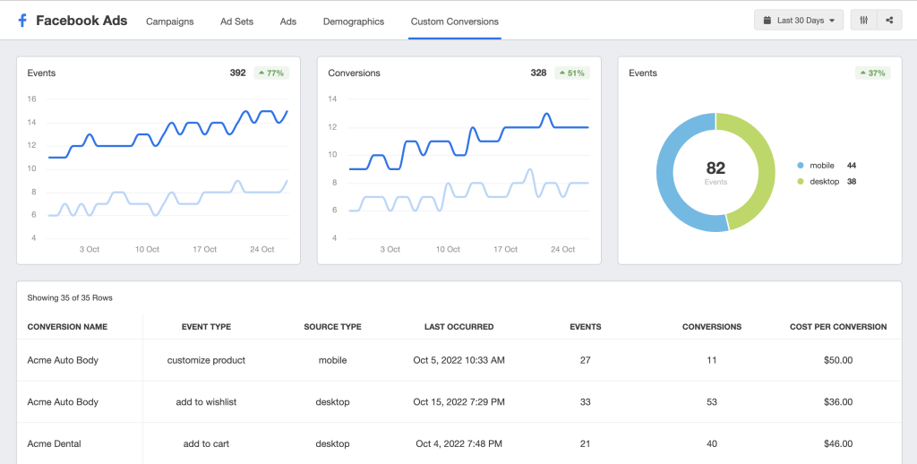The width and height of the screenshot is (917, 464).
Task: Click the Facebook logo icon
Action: pyautogui.click(x=22, y=21)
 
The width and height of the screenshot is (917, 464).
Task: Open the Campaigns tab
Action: pyautogui.click(x=169, y=21)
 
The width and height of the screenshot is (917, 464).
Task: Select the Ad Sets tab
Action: pyautogui.click(x=236, y=21)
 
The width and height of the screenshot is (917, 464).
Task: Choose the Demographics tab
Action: pyautogui.click(x=353, y=21)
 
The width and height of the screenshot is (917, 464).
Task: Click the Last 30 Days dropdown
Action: pyautogui.click(x=799, y=21)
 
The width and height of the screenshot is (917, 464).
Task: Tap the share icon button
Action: pyautogui.click(x=889, y=21)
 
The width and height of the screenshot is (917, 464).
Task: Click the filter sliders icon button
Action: pyautogui.click(x=864, y=21)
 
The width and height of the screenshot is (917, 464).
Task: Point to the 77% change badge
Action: pyautogui.click(x=271, y=73)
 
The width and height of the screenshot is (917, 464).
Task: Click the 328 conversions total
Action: pyautogui.click(x=538, y=73)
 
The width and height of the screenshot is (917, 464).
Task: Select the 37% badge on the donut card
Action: pyautogui.click(x=872, y=73)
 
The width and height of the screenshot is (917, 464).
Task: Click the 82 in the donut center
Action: pyautogui.click(x=716, y=168)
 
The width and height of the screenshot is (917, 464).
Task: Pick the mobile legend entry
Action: pyautogui.click(x=826, y=166)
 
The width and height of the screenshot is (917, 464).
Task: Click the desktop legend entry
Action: pyautogui.click(x=827, y=181)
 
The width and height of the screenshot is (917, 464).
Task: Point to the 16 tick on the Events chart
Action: pyautogui.click(x=31, y=99)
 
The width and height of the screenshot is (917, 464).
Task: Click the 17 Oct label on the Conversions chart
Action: pyautogui.click(x=505, y=249)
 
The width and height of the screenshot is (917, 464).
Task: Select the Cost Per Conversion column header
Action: pyautogui.click(x=838, y=327)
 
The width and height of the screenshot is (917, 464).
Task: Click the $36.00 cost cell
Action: pyautogui.click(x=838, y=402)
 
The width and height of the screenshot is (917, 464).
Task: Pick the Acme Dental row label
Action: pyautogui.click(x=54, y=444)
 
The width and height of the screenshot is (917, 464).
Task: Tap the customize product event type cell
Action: pyautogui.click(x=207, y=360)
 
